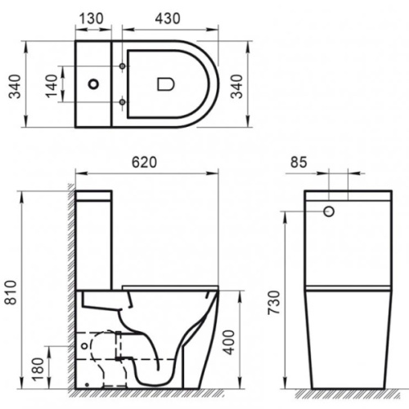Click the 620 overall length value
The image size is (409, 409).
[x=148, y=161]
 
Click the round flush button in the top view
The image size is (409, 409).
[x=97, y=83]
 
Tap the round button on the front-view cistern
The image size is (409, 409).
[x=331, y=211]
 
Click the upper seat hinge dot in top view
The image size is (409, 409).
[x=123, y=65]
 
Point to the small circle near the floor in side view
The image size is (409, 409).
[x=88, y=382]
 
